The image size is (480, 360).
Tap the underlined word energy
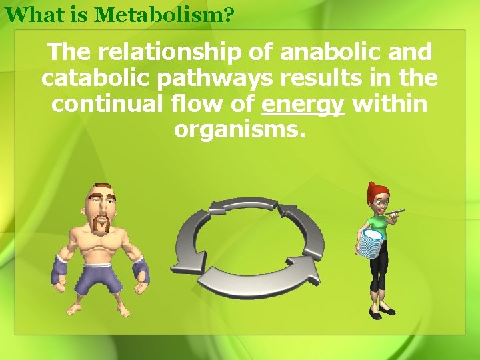coord(303,105)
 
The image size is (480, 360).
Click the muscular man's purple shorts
coord(99,277)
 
